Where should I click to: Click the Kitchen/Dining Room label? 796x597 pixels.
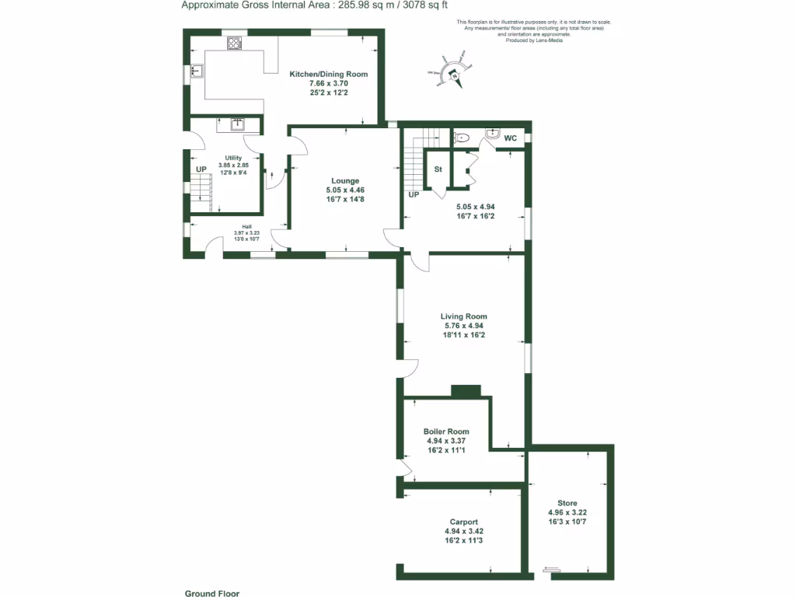tap(328, 74)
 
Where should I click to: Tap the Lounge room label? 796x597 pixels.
tap(345, 180)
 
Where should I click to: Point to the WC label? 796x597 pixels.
tap(511, 138)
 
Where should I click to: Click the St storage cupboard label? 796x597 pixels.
tap(438, 169)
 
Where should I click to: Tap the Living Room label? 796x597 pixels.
tap(463, 316)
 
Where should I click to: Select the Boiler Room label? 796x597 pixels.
tap(446, 431)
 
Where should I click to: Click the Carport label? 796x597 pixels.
tap(463, 522)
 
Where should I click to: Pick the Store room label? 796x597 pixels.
tap(567, 504)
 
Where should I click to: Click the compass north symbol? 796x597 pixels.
tap(456, 75)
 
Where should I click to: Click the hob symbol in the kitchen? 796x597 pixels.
tap(234, 44)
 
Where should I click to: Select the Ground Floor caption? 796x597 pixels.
tap(211, 593)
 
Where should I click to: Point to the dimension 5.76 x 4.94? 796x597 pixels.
tap(463, 326)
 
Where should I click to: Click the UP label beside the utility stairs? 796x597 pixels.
tap(201, 169)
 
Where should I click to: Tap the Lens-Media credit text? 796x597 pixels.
tap(544, 40)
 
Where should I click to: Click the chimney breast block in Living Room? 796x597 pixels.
tap(466, 390)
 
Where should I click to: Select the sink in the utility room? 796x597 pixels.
tap(237, 124)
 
